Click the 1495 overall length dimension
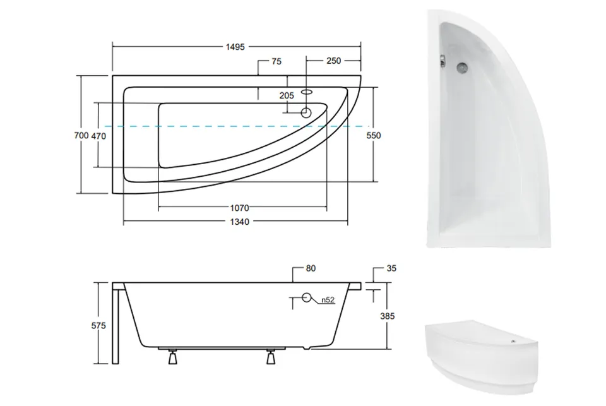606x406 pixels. (235, 47)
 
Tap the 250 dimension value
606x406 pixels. (333, 61)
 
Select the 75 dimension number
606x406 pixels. (276, 61)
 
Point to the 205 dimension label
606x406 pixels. (287, 95)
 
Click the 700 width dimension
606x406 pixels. (81, 135)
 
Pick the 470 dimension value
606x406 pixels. (98, 136)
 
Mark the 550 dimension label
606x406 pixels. (374, 135)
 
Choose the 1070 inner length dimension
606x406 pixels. (240, 208)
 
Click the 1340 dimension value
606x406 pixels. (240, 222)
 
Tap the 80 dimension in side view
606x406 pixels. (311, 268)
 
